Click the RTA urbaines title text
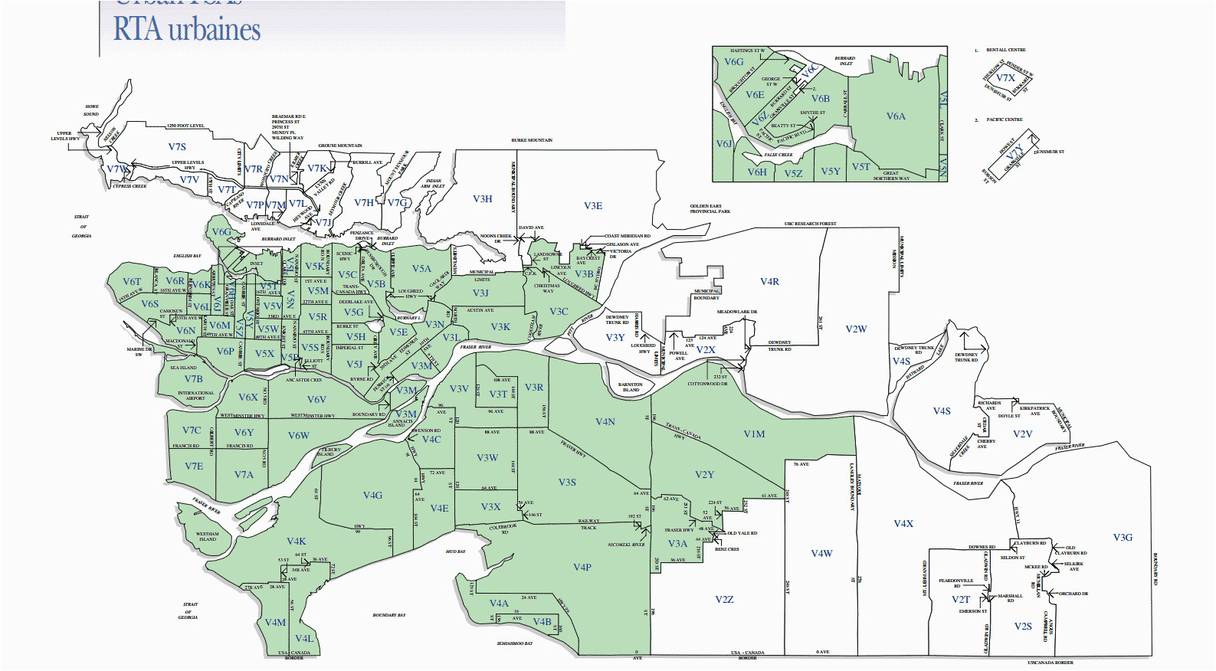(187, 30)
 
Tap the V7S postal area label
(177, 147)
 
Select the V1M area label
(754, 434)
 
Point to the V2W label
(856, 329)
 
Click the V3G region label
(1123, 538)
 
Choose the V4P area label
(582, 568)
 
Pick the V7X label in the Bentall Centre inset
(1005, 78)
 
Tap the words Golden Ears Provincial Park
(710, 208)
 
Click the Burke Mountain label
(532, 140)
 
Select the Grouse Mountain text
(340, 146)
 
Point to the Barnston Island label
(631, 387)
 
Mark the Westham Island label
(208, 536)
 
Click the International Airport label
(196, 395)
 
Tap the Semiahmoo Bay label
(514, 643)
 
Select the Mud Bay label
(455, 552)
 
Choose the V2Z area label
(724, 600)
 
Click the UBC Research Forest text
(810, 224)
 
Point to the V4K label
(297, 542)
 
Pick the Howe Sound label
(91, 110)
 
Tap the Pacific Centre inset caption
(1005, 119)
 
